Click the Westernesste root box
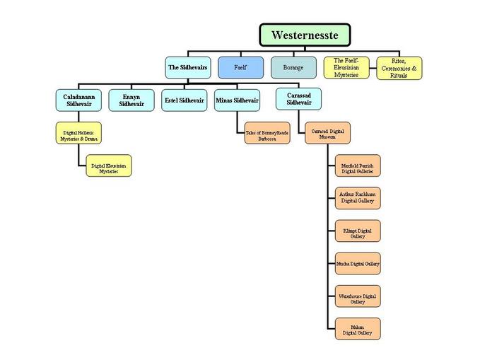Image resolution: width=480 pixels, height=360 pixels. tap(305, 35)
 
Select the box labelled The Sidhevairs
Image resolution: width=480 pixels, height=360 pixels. tap(187, 67)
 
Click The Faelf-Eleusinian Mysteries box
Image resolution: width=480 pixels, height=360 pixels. tap(347, 67)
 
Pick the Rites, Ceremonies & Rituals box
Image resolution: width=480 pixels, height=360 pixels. tap(399, 68)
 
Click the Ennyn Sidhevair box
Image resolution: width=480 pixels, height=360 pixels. tap(131, 100)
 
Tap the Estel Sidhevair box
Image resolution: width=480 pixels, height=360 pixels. tap(185, 100)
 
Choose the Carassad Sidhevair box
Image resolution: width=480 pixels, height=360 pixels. tap(299, 99)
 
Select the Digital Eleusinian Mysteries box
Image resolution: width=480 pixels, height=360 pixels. tap(109, 168)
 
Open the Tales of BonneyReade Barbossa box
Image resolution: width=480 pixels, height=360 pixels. tap(267, 133)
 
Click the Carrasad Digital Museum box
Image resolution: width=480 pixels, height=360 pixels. tap(327, 133)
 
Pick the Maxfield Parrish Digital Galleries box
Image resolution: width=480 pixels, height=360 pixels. tap(358, 165)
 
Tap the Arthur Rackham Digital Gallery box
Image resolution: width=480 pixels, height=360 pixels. tap(358, 197)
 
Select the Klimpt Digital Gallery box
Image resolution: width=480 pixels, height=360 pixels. tap(358, 230)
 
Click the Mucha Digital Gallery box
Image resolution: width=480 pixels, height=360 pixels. tap(358, 263)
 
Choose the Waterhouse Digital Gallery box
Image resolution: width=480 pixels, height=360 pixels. tap(358, 296)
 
